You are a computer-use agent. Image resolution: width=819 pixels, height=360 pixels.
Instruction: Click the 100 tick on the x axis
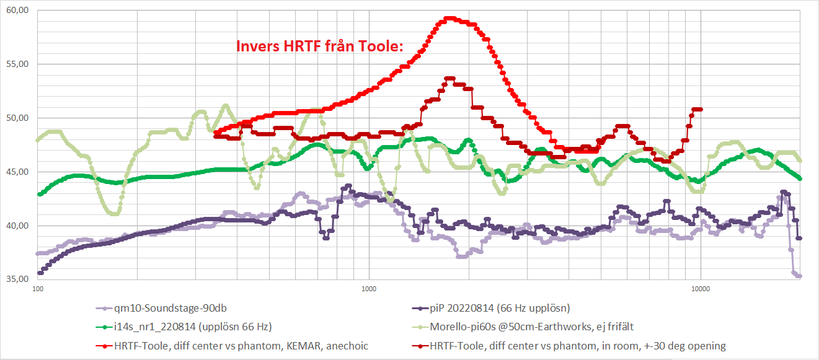38,288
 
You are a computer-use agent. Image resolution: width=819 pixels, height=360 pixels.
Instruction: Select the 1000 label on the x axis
369,288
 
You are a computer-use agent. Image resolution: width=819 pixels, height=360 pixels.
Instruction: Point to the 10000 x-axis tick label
701,288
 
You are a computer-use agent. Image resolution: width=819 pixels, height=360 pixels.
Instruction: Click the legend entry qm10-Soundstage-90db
165,307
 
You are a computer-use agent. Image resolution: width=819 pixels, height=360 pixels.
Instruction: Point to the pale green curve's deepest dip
113,214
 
